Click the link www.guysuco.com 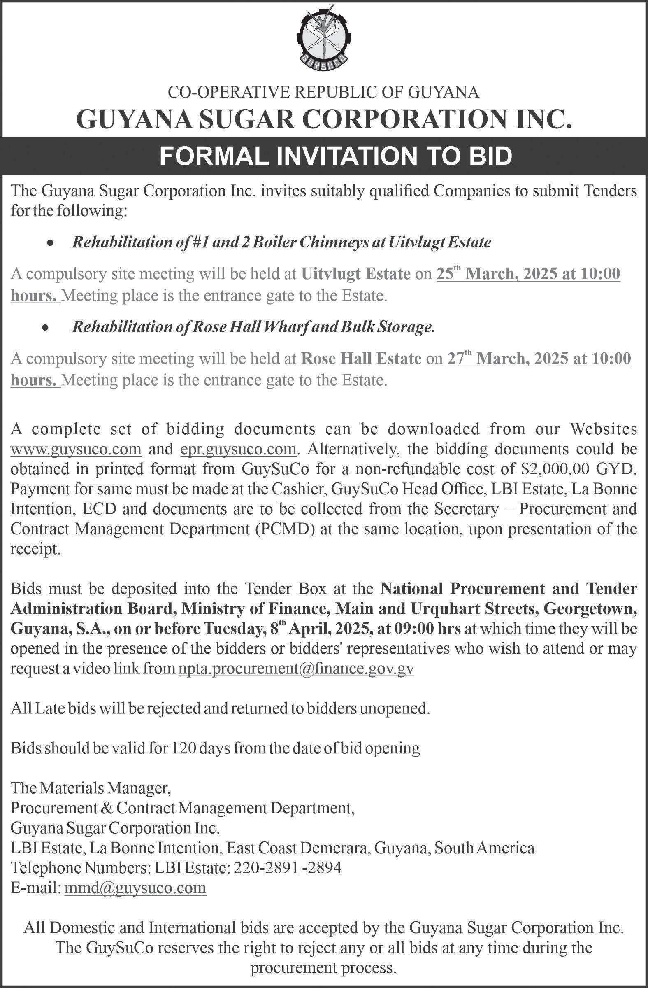click(x=77, y=449)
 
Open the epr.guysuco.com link click(x=239, y=449)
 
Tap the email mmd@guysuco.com click(x=135, y=888)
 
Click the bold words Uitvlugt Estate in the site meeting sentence click(x=356, y=275)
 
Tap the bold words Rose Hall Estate click(x=361, y=359)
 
